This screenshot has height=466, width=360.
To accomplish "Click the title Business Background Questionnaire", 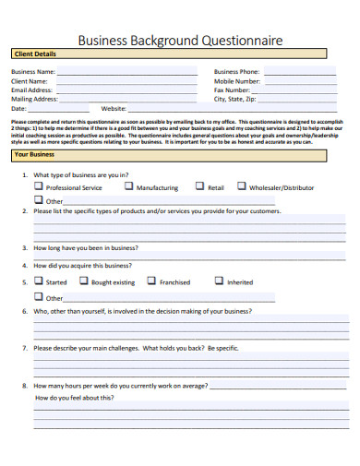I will click(180, 41).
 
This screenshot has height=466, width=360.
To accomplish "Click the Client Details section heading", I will click(34, 54).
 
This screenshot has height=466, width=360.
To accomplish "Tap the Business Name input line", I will click(127, 72).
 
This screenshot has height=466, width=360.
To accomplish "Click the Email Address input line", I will click(127, 90).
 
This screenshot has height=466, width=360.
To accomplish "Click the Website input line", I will click(162, 109).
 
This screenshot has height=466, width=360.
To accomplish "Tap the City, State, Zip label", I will click(239, 99).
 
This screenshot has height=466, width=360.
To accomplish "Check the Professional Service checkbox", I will click(38, 185).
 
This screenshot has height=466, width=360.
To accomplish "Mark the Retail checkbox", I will click(198, 185).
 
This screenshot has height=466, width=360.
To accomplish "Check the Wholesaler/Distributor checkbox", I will click(242, 185).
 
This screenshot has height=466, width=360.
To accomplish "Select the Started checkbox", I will click(38, 281).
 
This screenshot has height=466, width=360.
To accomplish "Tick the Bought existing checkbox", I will click(83, 281).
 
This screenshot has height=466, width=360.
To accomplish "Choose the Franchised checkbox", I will click(151, 281).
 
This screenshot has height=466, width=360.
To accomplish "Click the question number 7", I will click(24, 349).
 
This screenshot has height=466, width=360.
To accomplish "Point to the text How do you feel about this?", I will click(75, 398).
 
